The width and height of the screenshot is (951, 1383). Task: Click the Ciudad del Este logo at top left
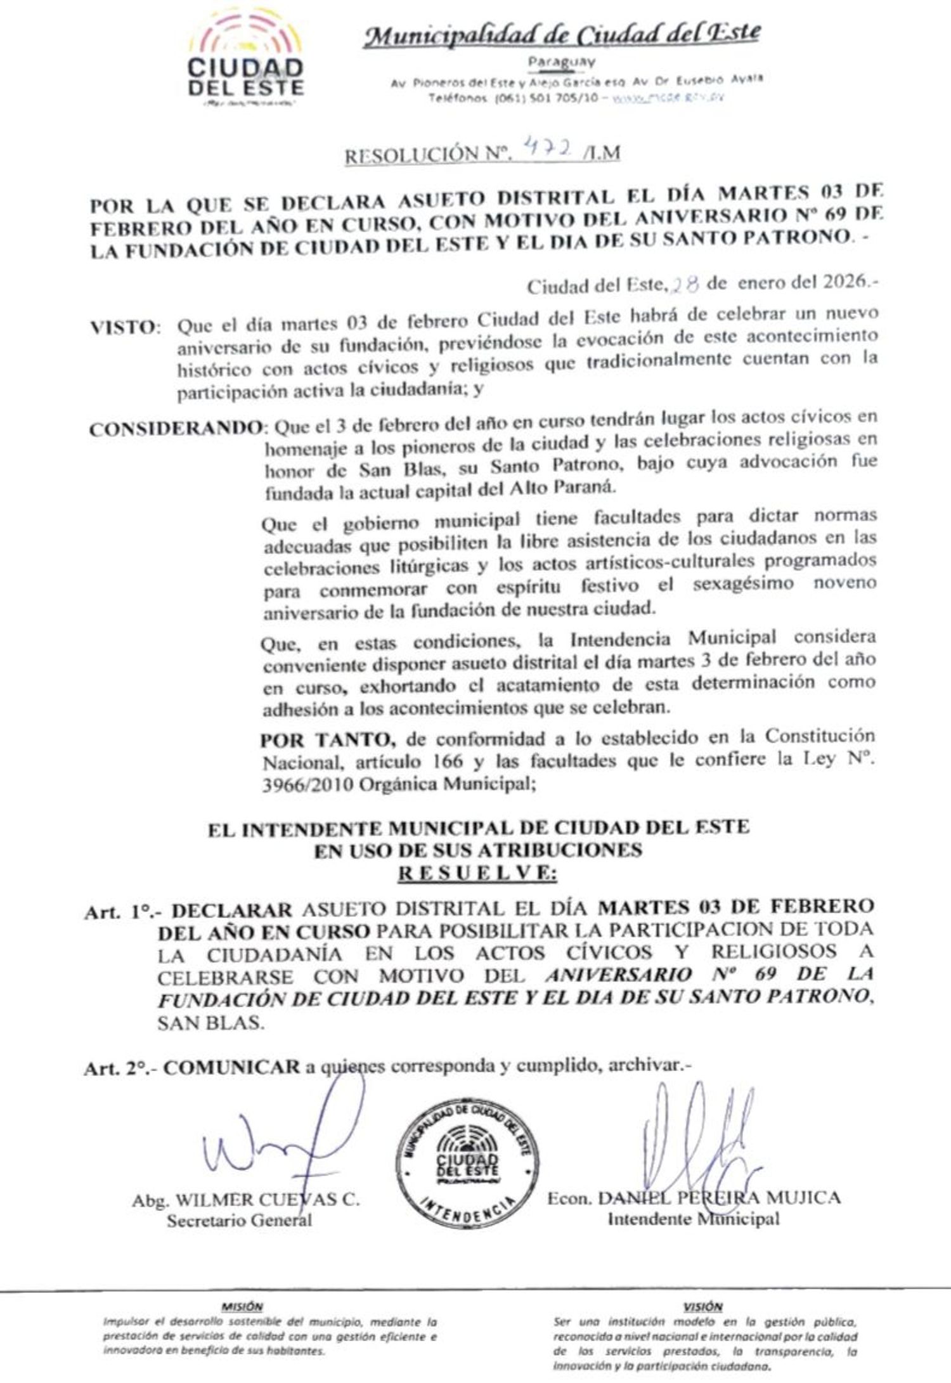(246, 58)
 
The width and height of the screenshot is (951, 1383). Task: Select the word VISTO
(123, 328)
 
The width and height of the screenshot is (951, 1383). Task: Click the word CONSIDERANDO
(175, 429)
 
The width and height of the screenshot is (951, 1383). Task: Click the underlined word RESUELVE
(477, 874)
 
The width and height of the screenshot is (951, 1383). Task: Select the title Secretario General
(239, 1220)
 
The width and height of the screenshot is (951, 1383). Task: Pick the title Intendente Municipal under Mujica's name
(694, 1218)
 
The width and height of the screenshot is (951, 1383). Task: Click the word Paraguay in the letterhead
(562, 62)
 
